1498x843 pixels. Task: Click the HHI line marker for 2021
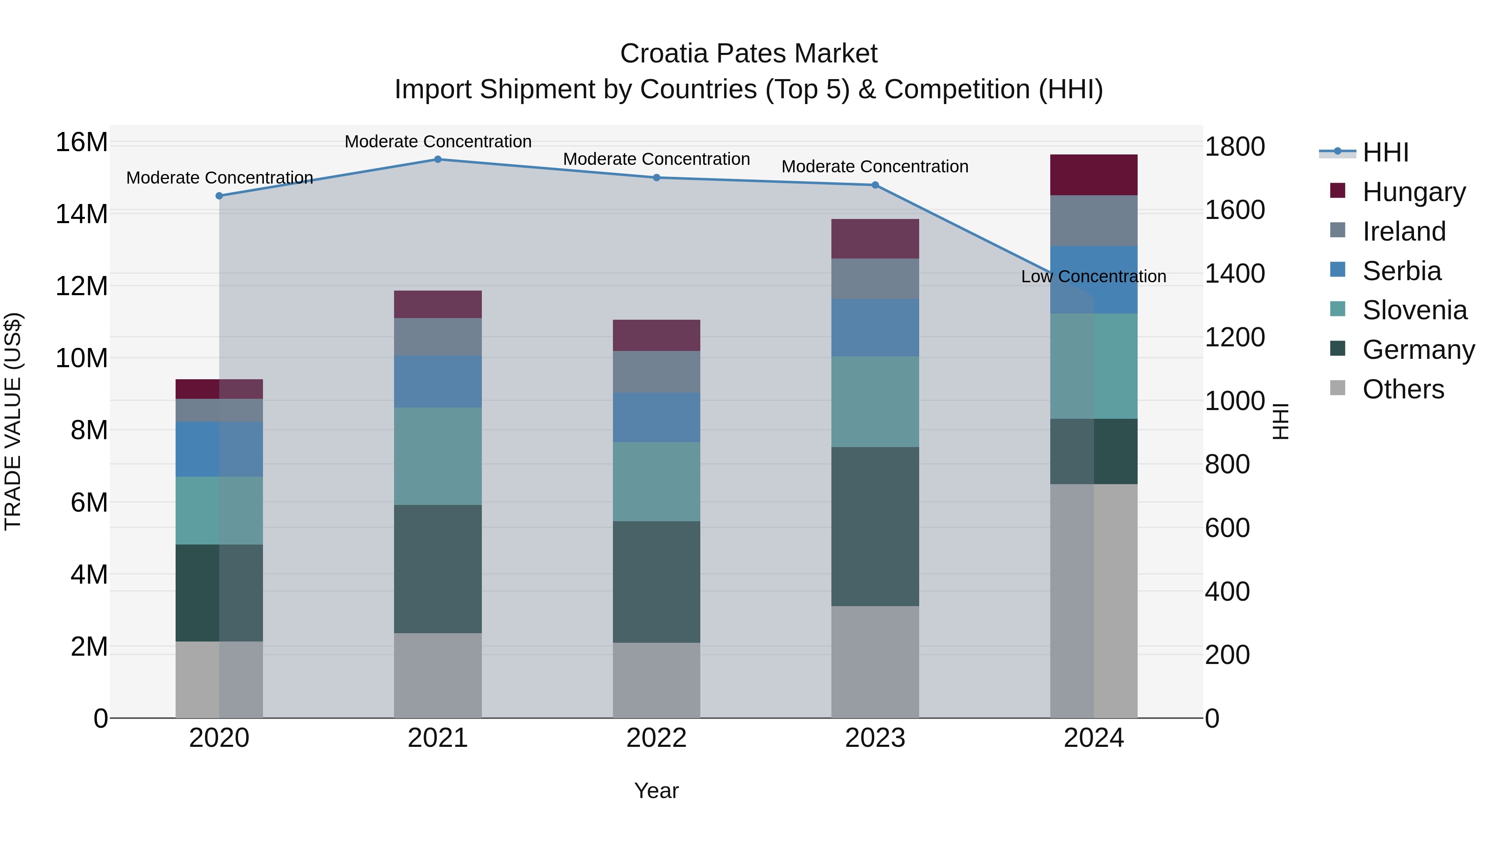438,159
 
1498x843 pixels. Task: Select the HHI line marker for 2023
875,185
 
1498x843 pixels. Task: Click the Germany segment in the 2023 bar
875,527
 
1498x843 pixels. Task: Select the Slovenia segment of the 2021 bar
438,456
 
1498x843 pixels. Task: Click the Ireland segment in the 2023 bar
875,279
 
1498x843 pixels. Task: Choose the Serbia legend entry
1401,271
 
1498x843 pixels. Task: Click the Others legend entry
1403,389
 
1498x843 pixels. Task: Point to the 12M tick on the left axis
82,286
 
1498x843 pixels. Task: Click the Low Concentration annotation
1093,276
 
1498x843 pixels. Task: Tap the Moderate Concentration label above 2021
438,142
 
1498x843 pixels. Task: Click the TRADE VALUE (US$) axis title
13,421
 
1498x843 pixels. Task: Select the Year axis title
656,791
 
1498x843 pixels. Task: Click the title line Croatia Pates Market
749,54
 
